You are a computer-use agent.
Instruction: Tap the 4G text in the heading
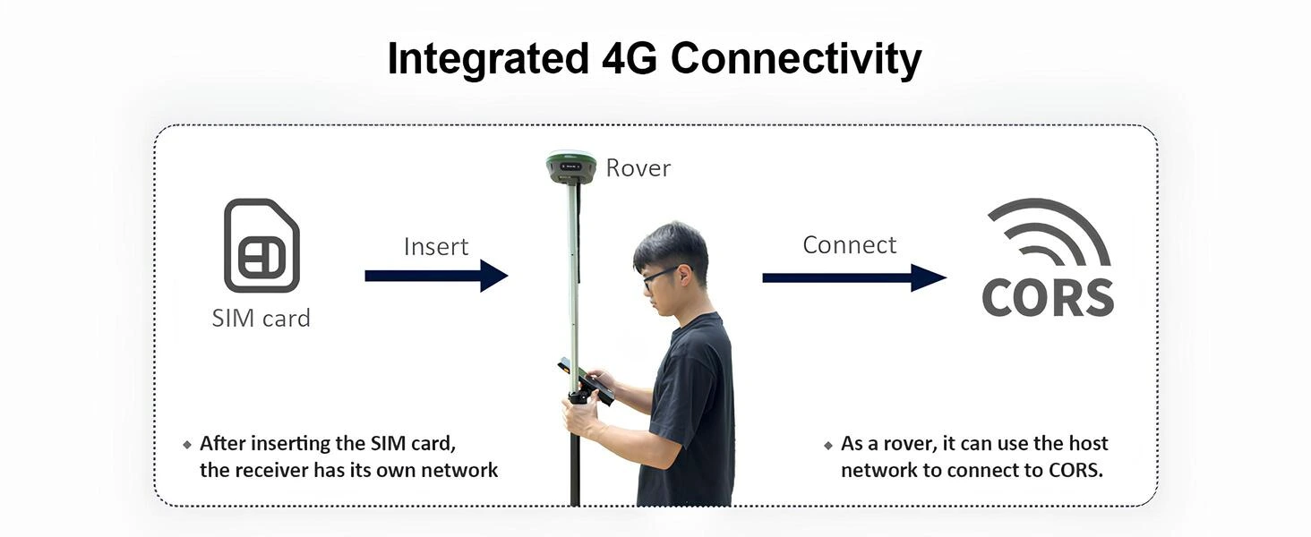630,58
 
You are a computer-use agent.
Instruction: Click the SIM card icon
261,245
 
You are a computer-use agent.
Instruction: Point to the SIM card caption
261,319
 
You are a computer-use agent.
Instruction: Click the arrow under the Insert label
436,276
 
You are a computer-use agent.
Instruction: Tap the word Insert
436,247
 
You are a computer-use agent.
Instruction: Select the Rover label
638,168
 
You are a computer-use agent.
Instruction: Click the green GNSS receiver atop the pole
570,166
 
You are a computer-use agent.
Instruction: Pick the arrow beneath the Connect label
854,277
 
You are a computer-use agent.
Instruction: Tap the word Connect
849,245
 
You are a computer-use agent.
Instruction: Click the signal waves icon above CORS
1049,232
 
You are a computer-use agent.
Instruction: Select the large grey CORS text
1048,298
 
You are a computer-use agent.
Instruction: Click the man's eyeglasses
660,277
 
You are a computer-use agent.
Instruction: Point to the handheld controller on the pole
586,381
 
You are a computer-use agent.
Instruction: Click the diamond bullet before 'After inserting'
187,445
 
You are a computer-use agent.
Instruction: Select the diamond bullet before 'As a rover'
828,445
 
